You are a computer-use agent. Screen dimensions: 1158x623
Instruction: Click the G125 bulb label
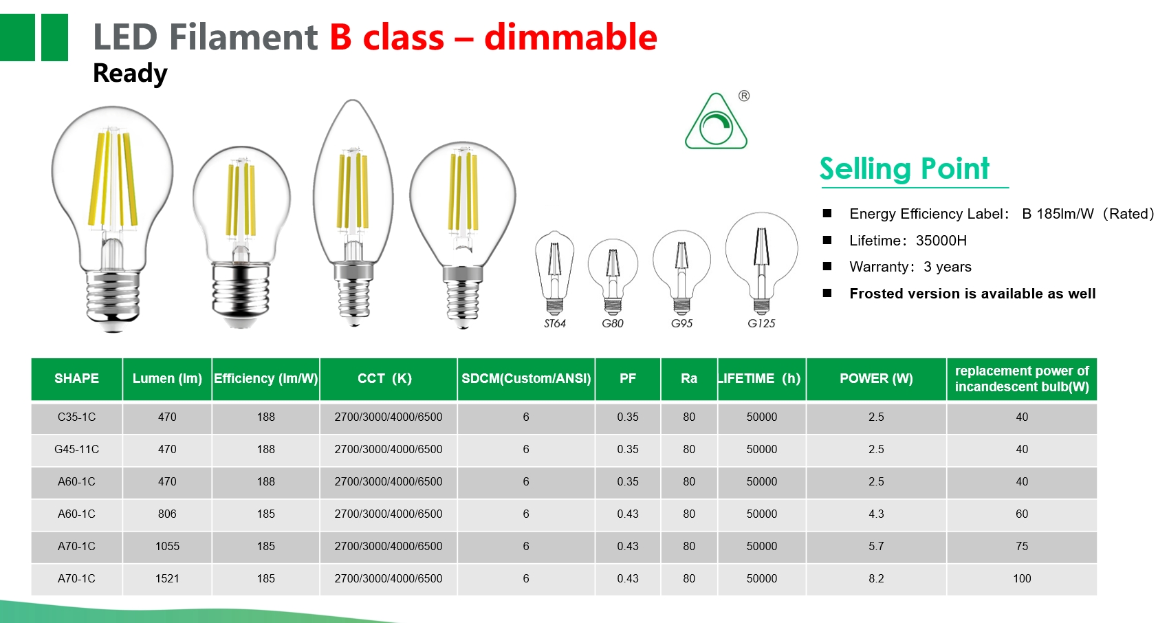click(761, 323)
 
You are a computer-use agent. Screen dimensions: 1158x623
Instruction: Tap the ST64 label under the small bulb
click(555, 323)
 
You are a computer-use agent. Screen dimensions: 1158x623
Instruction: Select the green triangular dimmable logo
click(716, 122)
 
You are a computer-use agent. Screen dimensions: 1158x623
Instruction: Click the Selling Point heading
click(904, 168)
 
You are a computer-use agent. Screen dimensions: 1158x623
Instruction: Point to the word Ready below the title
click(130, 73)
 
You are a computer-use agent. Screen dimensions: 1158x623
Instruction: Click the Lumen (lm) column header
click(167, 378)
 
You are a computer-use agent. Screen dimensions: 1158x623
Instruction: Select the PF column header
click(628, 378)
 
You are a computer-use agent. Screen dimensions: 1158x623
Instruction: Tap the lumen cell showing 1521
click(167, 578)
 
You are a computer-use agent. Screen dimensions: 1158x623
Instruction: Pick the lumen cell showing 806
click(167, 514)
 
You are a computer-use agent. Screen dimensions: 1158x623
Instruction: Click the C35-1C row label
click(76, 417)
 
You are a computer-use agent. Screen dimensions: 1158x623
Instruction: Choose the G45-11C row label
click(76, 449)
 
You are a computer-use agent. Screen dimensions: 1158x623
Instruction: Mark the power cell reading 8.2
click(876, 578)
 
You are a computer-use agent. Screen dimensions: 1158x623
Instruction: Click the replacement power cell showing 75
click(1022, 546)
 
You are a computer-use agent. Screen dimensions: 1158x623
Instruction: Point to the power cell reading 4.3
click(876, 514)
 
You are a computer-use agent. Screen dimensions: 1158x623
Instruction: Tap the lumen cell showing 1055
click(167, 546)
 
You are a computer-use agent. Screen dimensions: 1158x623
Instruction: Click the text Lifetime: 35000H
click(908, 241)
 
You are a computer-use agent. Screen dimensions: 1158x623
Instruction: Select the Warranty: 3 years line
click(910, 267)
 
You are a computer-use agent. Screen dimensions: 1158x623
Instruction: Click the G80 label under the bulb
click(613, 323)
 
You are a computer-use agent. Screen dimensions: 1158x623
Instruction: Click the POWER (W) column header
click(876, 378)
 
